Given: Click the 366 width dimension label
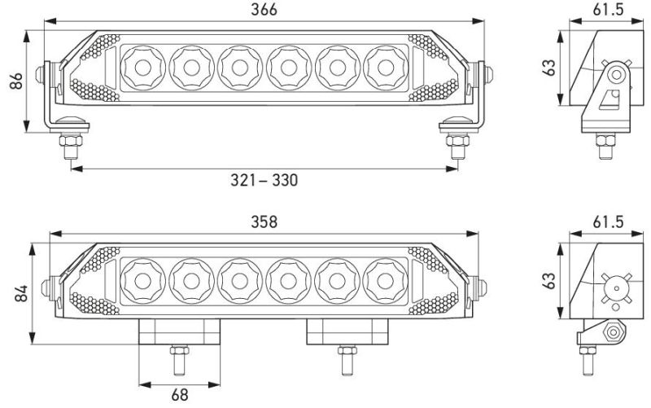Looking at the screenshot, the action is (264, 10).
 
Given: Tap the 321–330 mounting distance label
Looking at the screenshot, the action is (264, 180).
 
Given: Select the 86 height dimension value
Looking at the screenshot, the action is (15, 81).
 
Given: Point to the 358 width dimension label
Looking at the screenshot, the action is (264, 222).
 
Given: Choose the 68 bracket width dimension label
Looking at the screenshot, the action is (179, 395).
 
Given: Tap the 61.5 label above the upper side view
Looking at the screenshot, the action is (608, 10).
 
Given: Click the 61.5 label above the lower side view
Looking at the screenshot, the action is (608, 222).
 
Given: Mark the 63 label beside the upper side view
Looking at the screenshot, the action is (548, 68).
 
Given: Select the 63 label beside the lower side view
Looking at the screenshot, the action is (548, 280).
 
